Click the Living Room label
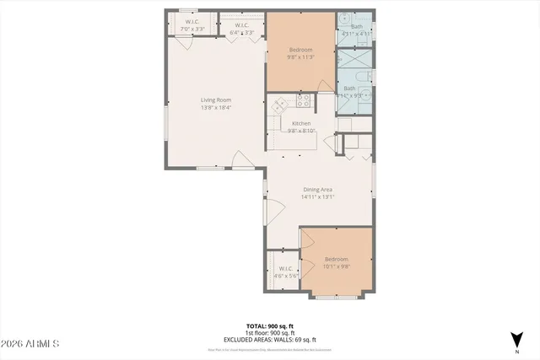tap(216, 100)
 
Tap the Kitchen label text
tap(302, 123)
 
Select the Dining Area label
tap(319, 190)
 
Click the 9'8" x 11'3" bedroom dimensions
tap(301, 57)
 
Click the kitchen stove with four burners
tap(304, 100)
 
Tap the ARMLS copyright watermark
tap(30, 344)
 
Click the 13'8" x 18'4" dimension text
tap(216, 107)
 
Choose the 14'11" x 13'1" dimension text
tap(319, 197)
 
